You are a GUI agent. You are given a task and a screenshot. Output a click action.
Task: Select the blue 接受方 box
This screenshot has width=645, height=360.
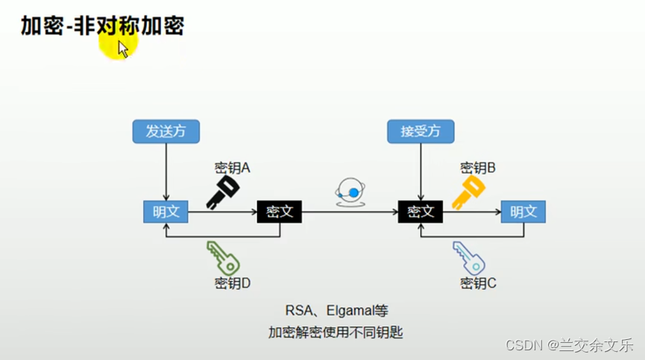(x=421, y=131)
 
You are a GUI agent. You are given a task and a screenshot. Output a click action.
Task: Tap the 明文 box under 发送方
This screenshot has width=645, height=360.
(x=166, y=212)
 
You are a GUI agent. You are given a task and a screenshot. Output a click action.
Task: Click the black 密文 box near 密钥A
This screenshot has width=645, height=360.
(x=280, y=212)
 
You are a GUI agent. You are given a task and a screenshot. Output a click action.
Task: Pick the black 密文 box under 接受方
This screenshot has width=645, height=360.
(x=420, y=212)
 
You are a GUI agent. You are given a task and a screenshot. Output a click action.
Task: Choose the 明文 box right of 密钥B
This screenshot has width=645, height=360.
(x=523, y=212)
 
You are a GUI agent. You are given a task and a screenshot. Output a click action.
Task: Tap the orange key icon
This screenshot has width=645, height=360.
(x=468, y=193)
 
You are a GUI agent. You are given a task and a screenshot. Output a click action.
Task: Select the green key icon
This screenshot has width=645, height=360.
(x=223, y=257)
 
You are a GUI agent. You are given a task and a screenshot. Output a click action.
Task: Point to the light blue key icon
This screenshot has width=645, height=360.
(x=469, y=256)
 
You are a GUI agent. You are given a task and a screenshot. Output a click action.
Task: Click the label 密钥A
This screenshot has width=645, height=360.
(x=232, y=168)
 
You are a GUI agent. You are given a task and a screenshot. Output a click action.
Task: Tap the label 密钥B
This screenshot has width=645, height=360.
(x=478, y=168)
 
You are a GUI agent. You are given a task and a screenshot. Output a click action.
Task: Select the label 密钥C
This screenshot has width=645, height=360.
(x=479, y=283)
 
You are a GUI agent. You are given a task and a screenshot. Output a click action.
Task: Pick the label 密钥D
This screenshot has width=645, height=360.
(x=232, y=283)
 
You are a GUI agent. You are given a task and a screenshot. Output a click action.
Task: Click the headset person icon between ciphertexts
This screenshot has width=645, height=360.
(x=350, y=191)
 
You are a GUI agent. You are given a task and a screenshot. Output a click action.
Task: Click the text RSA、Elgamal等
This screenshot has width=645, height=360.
(x=336, y=310)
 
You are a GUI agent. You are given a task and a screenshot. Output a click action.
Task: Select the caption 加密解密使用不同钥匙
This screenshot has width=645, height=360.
(x=336, y=332)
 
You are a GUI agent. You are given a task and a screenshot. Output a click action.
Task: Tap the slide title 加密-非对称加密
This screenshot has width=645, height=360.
(x=102, y=27)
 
